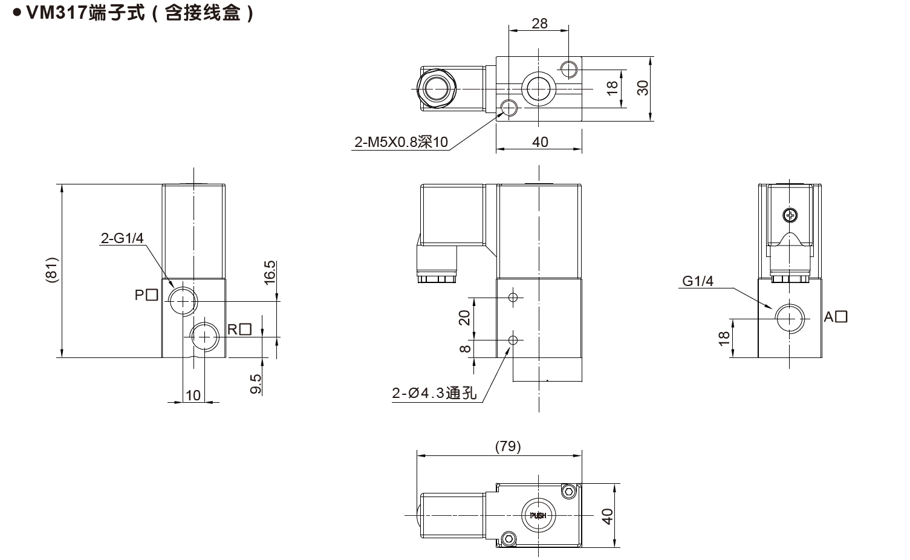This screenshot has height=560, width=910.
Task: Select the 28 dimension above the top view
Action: tap(539, 23)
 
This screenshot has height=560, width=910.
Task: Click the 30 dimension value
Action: tap(643, 88)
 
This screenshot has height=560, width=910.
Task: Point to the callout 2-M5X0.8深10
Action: tap(401, 142)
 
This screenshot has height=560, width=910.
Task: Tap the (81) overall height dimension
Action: tap(51, 270)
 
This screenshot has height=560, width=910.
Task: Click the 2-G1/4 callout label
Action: tap(122, 238)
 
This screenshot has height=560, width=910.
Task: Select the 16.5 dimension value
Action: tap(270, 272)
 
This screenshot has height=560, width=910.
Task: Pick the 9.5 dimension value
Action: tap(256, 384)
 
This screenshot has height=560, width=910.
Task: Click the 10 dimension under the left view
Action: tap(193, 395)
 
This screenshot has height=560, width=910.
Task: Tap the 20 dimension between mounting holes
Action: tap(464, 317)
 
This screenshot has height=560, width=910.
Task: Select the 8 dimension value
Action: tap(464, 348)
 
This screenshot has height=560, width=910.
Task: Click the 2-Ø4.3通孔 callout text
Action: tap(434, 393)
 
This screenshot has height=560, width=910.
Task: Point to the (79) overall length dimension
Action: tap(507, 446)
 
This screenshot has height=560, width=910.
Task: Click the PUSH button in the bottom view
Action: tap(538, 515)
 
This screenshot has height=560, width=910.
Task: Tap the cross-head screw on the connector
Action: tap(790, 215)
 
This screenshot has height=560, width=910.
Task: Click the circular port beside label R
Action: tap(205, 336)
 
